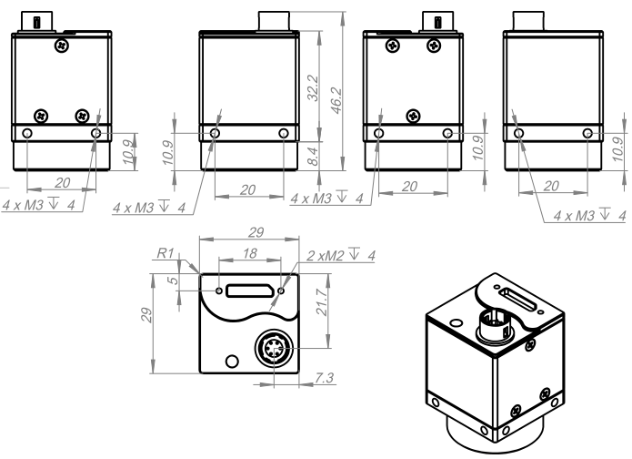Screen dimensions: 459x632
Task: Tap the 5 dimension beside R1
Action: (174, 281)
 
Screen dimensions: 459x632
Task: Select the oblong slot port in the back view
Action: (249, 291)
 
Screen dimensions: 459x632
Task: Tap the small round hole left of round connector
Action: (233, 362)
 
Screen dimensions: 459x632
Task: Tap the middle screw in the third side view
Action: (415, 117)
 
